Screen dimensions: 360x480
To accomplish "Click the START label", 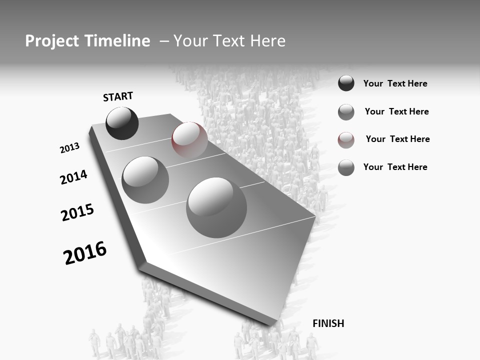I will click(x=118, y=96).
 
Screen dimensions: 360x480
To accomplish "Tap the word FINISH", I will click(x=328, y=323).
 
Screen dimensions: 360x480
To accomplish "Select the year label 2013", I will click(x=69, y=148).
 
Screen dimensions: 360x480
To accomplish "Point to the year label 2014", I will click(x=73, y=177).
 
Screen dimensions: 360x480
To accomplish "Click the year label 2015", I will click(x=77, y=213).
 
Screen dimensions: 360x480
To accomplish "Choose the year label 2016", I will click(x=85, y=253).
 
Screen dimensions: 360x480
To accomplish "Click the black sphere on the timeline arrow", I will click(x=122, y=123).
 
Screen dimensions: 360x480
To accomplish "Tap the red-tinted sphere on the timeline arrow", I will click(x=189, y=139).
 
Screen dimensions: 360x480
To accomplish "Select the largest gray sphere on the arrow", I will click(x=216, y=207).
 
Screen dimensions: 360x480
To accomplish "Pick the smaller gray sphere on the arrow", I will click(x=145, y=179).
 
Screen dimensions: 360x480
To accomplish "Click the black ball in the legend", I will click(x=346, y=83).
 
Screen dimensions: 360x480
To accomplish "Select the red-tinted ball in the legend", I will click(x=346, y=140).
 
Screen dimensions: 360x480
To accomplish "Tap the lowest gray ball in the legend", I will click(x=346, y=167).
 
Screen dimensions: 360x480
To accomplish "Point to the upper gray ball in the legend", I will click(x=346, y=112).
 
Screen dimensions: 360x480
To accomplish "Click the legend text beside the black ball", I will click(x=395, y=84).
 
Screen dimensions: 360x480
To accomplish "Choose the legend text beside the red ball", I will click(x=397, y=139).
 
